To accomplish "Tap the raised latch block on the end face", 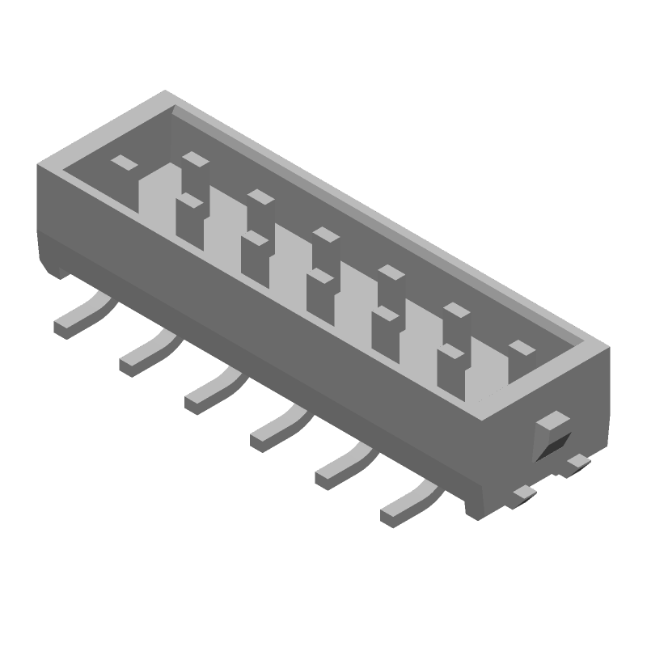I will [554, 421].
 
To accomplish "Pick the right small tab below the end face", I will [577, 461].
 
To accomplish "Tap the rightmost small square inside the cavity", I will [522, 348].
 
